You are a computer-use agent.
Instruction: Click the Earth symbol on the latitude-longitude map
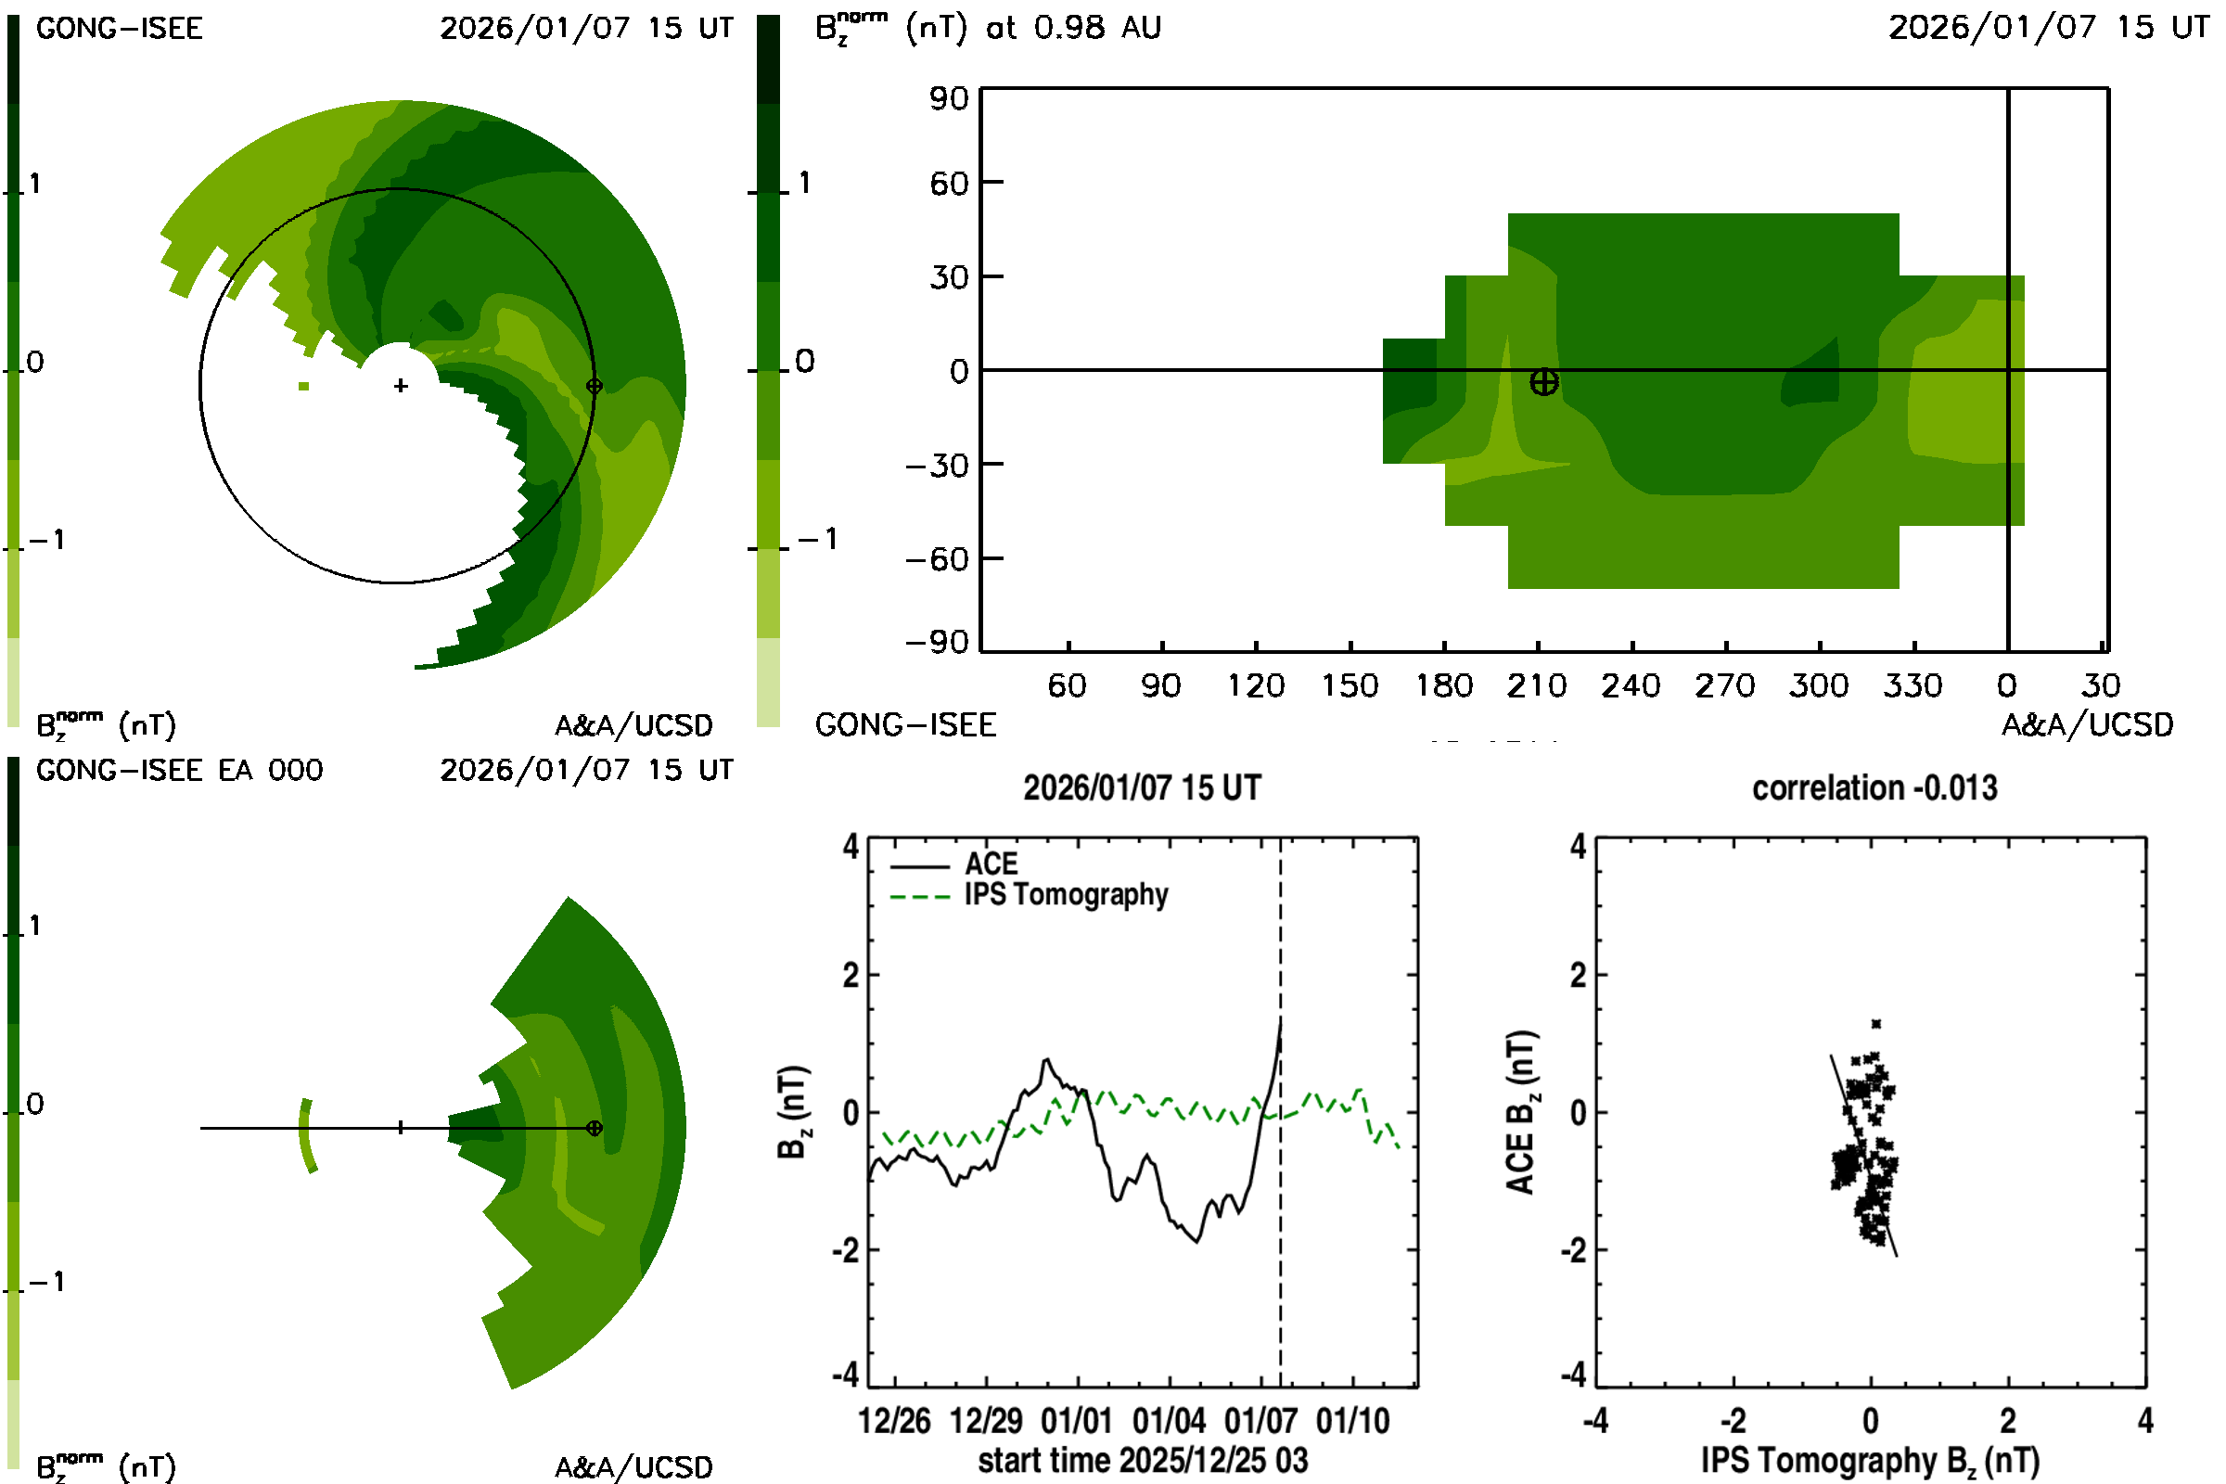click(1543, 382)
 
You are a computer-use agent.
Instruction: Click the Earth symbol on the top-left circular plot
click(595, 386)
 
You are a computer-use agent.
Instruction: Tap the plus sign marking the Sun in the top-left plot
click(402, 385)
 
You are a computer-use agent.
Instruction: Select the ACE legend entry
click(990, 864)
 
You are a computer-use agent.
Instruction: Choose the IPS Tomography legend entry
click(1066, 894)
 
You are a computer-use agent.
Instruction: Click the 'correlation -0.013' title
click(1874, 788)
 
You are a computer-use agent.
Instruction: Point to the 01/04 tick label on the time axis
click(1169, 1421)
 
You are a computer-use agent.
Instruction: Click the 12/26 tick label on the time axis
click(894, 1421)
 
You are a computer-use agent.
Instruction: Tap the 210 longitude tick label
click(1537, 685)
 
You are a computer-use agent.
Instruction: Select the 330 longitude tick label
click(1913, 685)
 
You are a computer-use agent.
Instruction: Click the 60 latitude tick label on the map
click(949, 184)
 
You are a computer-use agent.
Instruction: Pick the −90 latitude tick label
click(937, 643)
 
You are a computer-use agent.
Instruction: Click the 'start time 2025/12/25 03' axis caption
click(1143, 1460)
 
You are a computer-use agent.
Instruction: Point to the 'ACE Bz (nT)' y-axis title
click(1521, 1112)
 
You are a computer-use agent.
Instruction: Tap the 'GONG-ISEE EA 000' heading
click(179, 771)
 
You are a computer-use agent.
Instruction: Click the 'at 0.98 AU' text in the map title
click(1073, 28)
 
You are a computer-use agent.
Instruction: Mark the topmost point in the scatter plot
click(1875, 1024)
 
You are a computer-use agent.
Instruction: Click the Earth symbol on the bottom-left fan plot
click(595, 1128)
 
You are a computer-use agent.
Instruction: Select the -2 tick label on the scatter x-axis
click(1732, 1421)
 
